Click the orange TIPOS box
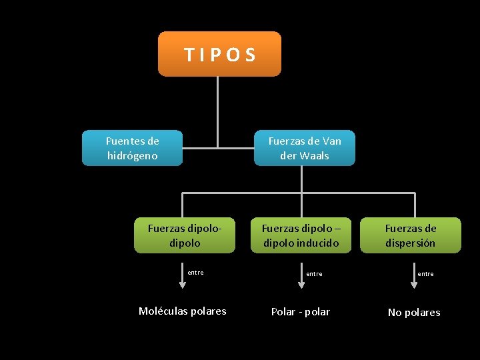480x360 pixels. coord(219,54)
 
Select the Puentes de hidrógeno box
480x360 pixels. coord(132,148)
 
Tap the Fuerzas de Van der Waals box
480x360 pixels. coord(304,148)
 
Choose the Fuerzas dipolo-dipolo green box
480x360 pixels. coord(184,235)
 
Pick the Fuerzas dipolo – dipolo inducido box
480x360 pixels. coord(301,235)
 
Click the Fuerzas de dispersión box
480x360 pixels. coord(410,235)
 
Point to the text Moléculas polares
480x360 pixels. coord(182,311)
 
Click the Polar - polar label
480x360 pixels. coord(300,312)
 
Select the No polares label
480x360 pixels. coord(414,313)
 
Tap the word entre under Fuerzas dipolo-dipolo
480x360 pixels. coord(195,272)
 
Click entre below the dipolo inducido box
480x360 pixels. coord(314,274)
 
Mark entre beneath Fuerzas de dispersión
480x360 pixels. coord(425,274)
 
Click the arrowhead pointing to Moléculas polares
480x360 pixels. coord(183,285)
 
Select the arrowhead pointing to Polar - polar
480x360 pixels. coord(301,285)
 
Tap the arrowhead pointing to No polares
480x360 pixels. coord(414,285)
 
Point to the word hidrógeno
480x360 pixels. coord(132,156)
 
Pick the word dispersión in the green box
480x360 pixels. coord(410,243)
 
